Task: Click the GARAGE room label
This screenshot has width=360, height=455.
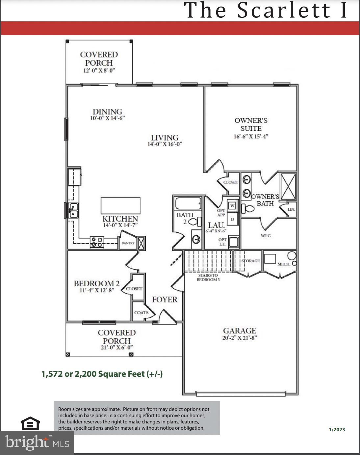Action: (239, 331)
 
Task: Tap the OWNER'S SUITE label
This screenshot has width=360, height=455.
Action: (251, 125)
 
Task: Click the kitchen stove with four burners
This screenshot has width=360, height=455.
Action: (97, 242)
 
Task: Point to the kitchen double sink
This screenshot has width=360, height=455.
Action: (73, 210)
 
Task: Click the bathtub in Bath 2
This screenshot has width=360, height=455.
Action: (188, 204)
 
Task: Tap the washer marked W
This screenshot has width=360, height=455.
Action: (232, 206)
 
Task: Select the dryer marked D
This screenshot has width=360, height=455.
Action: (232, 219)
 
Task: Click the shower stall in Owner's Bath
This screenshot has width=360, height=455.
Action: (288, 186)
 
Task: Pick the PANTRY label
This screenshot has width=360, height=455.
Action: (128, 243)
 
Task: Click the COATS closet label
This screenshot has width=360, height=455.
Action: (141, 313)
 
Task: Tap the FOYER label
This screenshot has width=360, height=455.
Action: (165, 299)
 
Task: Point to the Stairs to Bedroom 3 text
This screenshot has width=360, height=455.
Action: (208, 277)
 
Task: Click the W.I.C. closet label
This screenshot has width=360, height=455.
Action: (266, 236)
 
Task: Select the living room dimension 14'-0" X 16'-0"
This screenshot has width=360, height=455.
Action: (165, 144)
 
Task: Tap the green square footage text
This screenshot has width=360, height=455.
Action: (102, 374)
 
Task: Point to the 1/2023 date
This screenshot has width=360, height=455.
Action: (337, 429)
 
